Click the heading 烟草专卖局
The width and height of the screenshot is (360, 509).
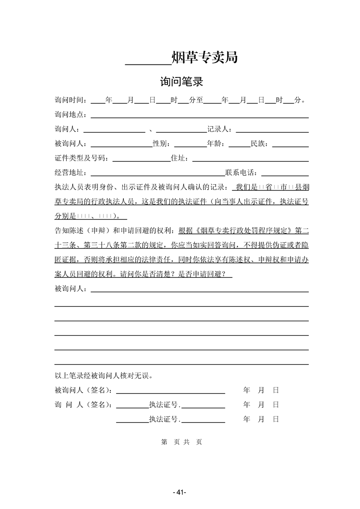tap(205, 58)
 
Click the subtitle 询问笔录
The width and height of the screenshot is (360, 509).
tap(181, 82)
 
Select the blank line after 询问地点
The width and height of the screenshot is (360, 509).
tap(200, 117)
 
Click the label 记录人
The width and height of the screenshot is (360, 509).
tap(218, 129)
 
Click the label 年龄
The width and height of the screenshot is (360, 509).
tap(216, 144)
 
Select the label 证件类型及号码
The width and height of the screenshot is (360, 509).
tap(81, 158)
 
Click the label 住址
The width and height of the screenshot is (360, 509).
tap(180, 158)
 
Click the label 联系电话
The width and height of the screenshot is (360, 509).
tap(241, 173)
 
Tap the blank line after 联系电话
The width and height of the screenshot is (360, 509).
tap(285, 175)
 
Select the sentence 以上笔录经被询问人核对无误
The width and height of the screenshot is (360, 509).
tap(104, 376)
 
